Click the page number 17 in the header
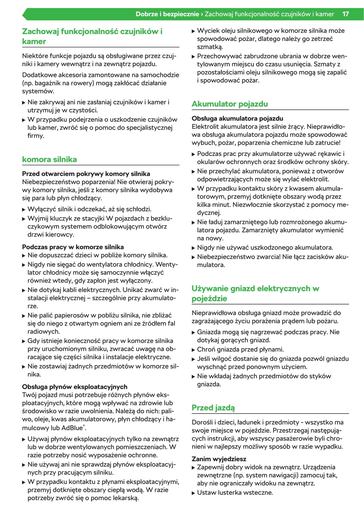tap(345, 14)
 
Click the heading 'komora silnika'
tap(49, 159)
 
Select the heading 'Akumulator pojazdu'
tap(229, 104)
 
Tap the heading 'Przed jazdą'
tap(213, 408)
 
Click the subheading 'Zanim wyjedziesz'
tap(219, 459)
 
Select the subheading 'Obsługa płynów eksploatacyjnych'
tap(75, 387)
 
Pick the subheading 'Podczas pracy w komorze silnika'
tap(73, 247)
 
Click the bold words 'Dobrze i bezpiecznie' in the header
tap(167, 14)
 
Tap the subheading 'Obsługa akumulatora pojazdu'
tap(237, 118)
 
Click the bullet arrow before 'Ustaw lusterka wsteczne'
tap(193, 493)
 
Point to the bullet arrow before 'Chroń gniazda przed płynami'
tap(193, 350)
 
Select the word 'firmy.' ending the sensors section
tap(36, 136)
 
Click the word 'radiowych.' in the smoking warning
tap(44, 331)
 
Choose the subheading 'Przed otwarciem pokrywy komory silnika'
tap(86, 174)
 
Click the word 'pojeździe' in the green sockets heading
tap(209, 299)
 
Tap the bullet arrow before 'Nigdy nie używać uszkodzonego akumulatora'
tap(193, 248)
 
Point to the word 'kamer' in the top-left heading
tap(34, 41)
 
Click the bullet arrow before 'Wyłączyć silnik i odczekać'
tap(24, 209)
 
